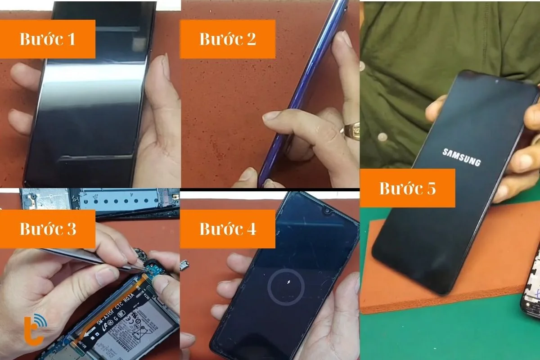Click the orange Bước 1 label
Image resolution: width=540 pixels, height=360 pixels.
click(x=48, y=39)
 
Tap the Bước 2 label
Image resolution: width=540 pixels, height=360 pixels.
click(x=228, y=39)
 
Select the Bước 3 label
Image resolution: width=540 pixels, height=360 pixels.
click(x=48, y=229)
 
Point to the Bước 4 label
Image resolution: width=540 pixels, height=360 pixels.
click(x=228, y=229)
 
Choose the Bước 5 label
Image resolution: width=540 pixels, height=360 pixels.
click(x=407, y=188)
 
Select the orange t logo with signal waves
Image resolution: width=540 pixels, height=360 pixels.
click(x=34, y=330)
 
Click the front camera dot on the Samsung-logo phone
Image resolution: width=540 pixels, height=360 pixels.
click(x=496, y=82)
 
